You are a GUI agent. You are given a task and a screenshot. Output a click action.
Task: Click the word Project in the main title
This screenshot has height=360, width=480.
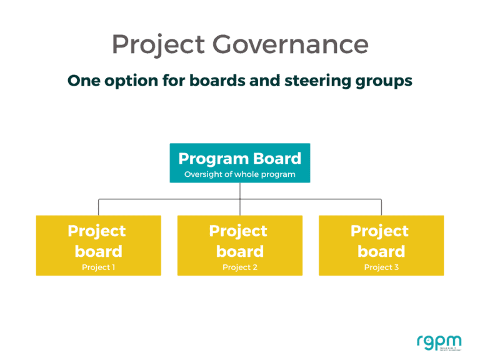coord(158,45)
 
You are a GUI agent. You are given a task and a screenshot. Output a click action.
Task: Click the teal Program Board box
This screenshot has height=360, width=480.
coord(239,163)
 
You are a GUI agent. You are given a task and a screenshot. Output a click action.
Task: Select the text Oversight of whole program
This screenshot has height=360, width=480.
coord(239,174)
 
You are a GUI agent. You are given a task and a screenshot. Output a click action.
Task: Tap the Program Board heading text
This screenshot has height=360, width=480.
coord(239,158)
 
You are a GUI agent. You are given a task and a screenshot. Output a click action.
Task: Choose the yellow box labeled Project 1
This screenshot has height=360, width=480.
coord(98,245)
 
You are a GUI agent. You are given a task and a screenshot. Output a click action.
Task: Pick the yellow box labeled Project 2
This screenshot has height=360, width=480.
coord(239,245)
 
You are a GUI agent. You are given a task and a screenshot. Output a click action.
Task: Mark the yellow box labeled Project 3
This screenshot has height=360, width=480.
coord(381,245)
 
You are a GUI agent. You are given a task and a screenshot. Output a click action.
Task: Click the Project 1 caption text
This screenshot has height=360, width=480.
coord(98,267)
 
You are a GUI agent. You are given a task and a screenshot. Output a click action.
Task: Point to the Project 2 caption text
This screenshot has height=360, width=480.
coord(239,267)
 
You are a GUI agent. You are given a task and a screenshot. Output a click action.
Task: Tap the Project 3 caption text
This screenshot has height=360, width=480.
coord(381,267)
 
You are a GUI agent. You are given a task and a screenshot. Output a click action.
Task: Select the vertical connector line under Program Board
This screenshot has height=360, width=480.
coord(240,191)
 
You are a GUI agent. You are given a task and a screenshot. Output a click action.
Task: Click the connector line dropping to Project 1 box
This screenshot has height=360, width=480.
coord(98,207)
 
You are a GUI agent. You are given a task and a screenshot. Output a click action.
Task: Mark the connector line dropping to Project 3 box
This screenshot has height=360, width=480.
coord(381,207)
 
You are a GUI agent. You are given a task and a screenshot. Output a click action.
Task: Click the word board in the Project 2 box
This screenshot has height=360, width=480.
coord(239,251)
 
